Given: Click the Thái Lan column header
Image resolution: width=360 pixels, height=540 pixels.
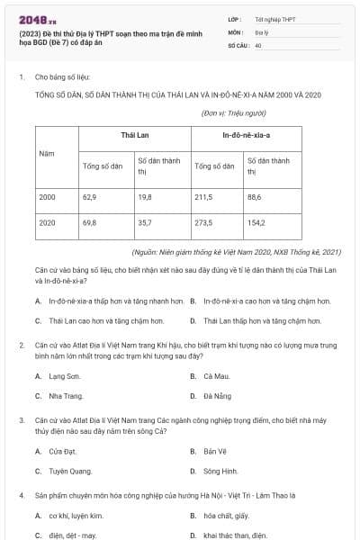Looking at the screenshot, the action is pos(134,134).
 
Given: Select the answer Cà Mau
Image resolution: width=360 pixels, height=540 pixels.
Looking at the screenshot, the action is pos(216,375).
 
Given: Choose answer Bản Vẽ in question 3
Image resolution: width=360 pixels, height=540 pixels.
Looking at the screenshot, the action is pos(215,450).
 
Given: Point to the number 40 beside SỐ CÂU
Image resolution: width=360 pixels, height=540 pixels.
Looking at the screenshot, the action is pos(258,44).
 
